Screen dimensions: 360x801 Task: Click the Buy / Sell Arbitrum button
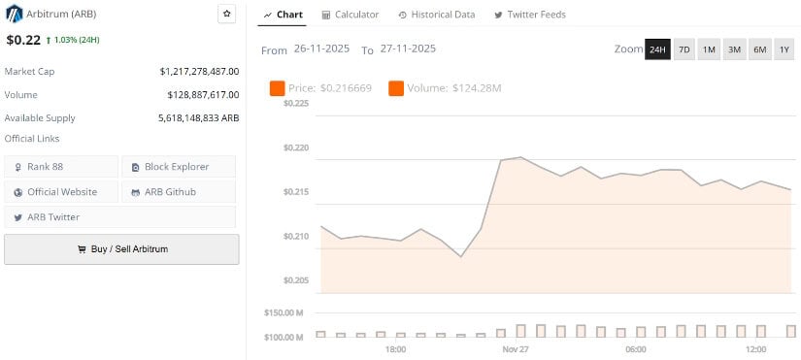coord(121,249)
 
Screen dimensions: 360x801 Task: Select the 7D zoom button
coord(684,49)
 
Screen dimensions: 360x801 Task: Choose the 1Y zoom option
coord(784,49)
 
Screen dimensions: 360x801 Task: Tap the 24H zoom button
coord(657,49)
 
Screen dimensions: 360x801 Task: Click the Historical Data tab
coord(436,15)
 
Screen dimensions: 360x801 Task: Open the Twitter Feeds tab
coord(530,15)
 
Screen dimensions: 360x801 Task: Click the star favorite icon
coord(226,14)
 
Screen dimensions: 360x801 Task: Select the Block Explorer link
coord(177,167)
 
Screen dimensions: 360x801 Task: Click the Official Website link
coord(61,192)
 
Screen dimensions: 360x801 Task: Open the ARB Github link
coord(177,192)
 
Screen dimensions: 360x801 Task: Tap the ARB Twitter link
coord(60,217)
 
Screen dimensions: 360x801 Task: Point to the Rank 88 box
coord(61,167)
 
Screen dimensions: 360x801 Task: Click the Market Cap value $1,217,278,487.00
coord(199,71)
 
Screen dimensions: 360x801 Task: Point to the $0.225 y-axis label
coord(295,103)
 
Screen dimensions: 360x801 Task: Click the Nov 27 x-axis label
coord(516,348)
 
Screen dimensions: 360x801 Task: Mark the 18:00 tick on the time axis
coord(395,348)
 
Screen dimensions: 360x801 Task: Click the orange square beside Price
coord(277,89)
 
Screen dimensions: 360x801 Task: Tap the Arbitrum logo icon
coord(14,14)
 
